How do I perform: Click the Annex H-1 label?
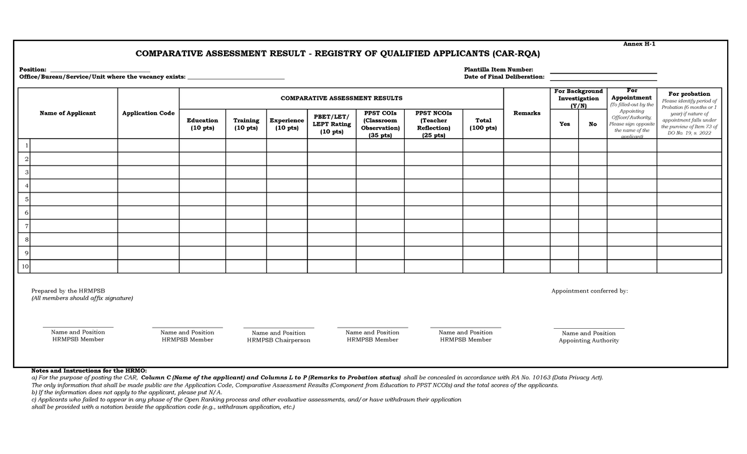[x=639, y=44]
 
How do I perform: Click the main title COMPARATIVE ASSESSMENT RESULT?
[x=338, y=54]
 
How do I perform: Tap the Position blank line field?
[x=100, y=69]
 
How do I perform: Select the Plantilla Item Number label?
[x=498, y=69]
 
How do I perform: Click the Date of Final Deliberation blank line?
[x=603, y=77]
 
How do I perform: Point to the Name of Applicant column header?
[x=68, y=113]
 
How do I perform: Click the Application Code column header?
[x=148, y=113]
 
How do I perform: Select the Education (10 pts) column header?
[x=202, y=124]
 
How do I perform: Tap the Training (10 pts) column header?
[x=246, y=124]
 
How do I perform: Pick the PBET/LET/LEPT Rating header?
[x=332, y=124]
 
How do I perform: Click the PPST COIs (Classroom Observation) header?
[x=380, y=124]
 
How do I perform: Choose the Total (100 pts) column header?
[x=483, y=124]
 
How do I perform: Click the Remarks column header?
[x=527, y=113]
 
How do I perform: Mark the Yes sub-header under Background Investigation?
[x=564, y=124]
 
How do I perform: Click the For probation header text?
[x=688, y=94]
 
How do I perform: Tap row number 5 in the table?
[x=25, y=199]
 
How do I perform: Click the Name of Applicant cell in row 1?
[x=73, y=145]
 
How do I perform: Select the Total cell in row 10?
[x=483, y=267]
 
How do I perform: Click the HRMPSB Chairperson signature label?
[x=278, y=340]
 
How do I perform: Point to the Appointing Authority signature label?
[x=588, y=341]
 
